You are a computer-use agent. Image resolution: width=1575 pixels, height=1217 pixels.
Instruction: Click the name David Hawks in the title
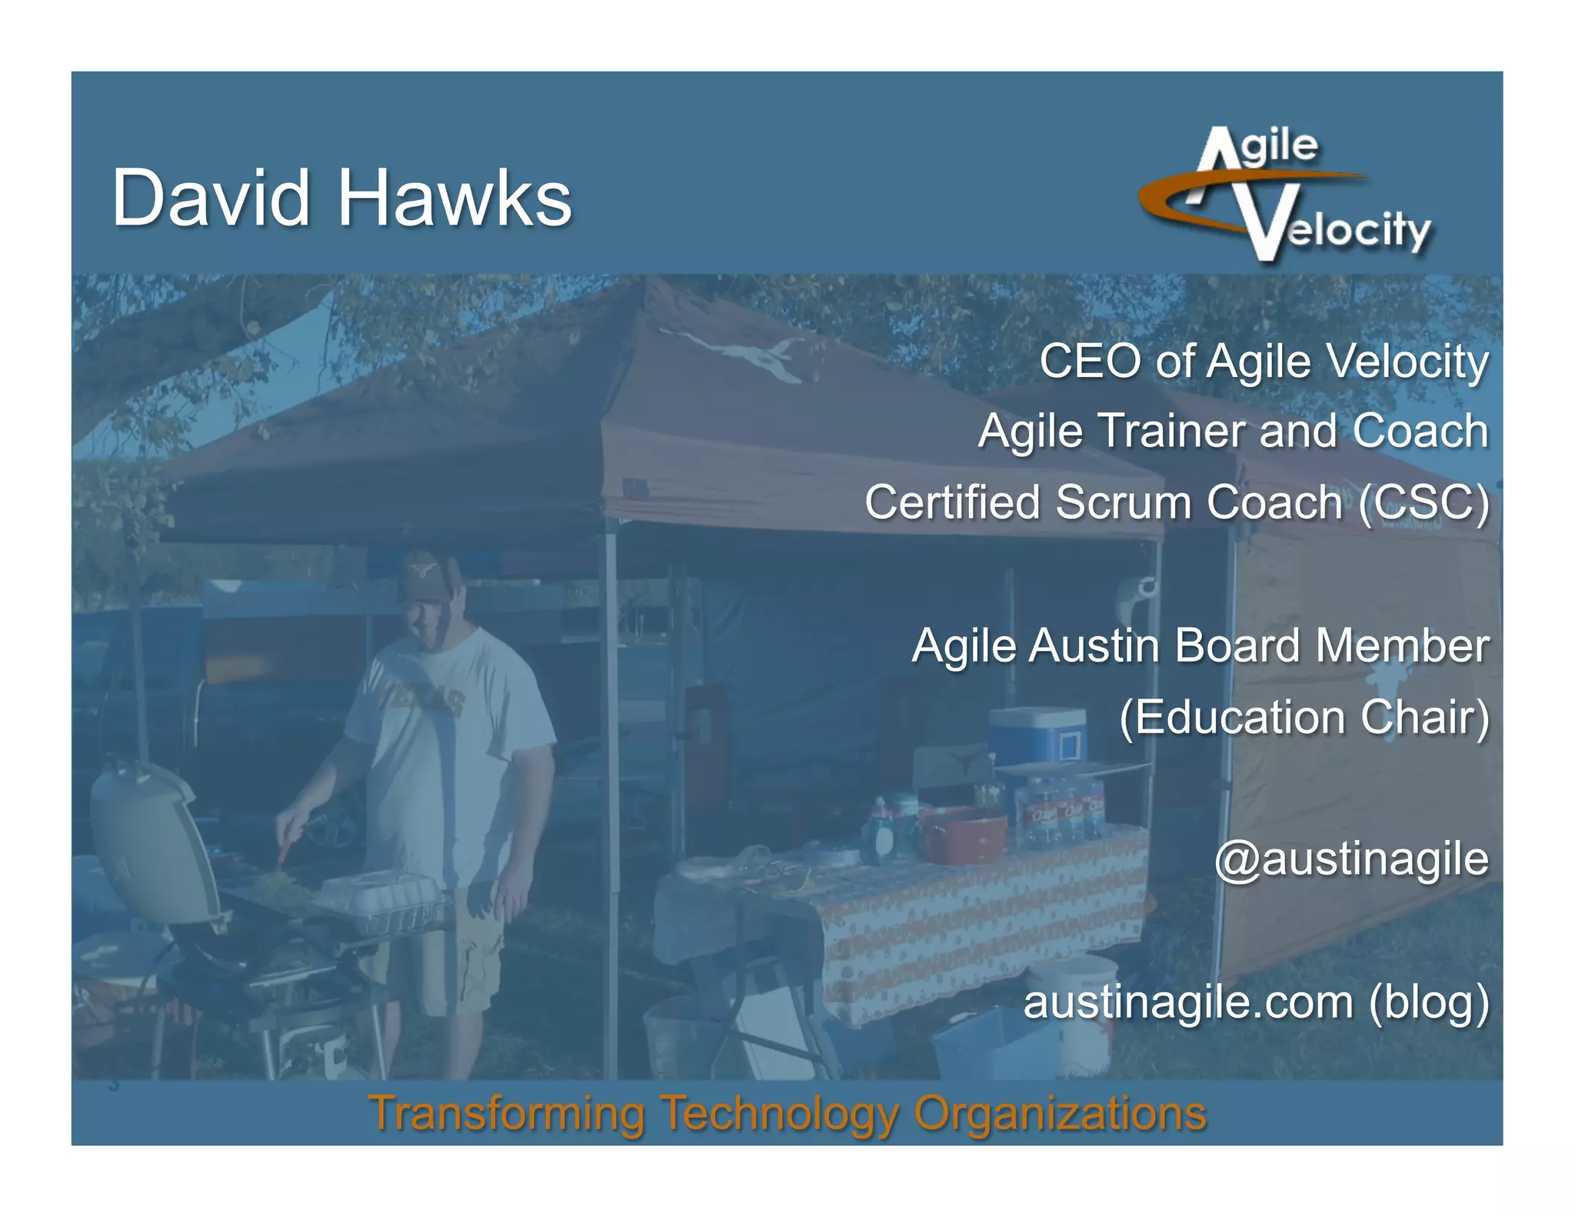point(342,198)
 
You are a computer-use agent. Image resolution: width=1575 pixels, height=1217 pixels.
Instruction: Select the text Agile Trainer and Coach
point(1233,430)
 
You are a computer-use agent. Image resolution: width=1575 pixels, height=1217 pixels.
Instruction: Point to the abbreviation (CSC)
point(1423,502)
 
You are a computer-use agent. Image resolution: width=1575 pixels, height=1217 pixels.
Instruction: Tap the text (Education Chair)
point(1304,717)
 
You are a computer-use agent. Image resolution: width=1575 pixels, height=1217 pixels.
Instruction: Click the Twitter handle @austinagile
point(1351,859)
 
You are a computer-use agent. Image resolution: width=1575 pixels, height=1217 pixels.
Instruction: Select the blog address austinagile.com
point(1188,1002)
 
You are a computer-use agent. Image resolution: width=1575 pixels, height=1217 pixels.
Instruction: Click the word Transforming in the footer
point(507,1113)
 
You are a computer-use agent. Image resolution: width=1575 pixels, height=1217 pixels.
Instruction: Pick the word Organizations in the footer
point(1060,1113)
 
